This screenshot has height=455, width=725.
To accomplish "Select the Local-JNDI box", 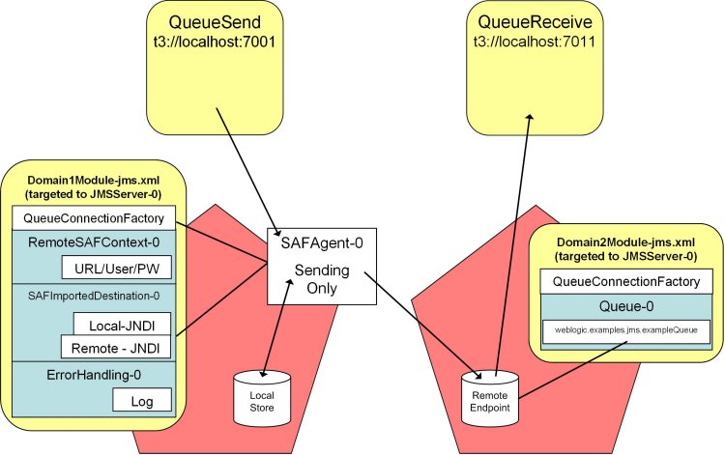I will pyautogui.click(x=116, y=326).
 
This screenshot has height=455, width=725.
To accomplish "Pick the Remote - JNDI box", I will pyautogui.click(x=109, y=346).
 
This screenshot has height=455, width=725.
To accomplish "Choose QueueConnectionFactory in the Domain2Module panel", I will pyautogui.click(x=630, y=280).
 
